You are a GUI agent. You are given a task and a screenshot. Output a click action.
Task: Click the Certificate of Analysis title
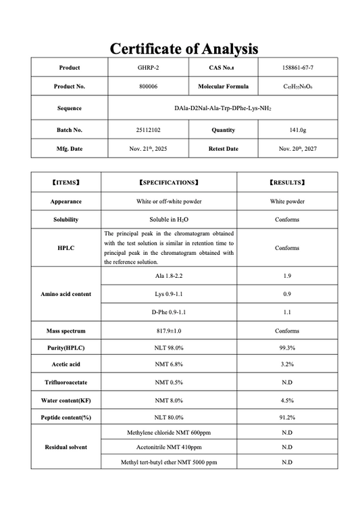[x=184, y=49]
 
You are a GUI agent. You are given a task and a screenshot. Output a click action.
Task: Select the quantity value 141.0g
[x=297, y=130]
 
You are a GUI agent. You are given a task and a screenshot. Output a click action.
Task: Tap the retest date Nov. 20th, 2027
[x=297, y=148]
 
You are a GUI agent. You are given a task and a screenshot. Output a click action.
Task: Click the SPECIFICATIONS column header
[x=168, y=183]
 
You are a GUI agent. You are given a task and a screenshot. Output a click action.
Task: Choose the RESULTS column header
[x=287, y=183]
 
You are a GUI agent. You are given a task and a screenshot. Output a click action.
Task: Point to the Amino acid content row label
[x=66, y=294]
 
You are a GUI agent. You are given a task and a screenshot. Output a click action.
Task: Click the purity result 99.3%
[x=287, y=347]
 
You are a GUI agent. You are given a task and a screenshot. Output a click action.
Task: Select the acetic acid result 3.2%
[x=287, y=365]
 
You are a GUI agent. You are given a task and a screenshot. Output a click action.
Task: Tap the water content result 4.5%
[x=287, y=400]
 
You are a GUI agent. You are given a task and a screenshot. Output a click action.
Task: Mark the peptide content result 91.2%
[x=287, y=418]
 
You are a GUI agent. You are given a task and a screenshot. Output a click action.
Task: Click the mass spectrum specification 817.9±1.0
[x=168, y=331]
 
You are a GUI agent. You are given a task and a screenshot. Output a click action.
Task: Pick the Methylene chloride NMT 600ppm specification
[x=168, y=433]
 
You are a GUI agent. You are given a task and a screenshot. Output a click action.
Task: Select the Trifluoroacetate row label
[x=66, y=383]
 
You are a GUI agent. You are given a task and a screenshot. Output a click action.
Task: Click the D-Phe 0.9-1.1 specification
[x=168, y=313]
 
